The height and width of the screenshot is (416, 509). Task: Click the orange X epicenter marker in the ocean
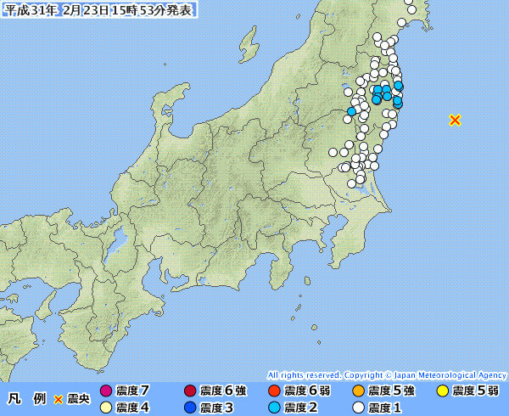[455, 120]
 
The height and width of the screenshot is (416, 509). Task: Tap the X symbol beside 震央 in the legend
[59, 397]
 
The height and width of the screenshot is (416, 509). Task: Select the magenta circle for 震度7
[106, 391]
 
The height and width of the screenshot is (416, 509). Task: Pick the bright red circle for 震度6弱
[274, 391]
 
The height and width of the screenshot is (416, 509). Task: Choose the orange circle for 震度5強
[358, 391]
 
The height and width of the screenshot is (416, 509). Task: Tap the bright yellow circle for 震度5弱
[442, 391]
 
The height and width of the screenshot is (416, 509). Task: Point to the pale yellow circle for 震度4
[106, 408]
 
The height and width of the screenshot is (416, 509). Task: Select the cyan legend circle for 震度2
[274, 408]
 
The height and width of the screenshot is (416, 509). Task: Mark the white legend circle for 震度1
[358, 408]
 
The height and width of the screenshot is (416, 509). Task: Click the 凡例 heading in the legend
[26, 397]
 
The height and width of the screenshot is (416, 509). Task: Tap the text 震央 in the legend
[77, 397]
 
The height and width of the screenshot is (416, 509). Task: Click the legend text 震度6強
[222, 391]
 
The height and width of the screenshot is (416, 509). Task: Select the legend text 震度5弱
[475, 391]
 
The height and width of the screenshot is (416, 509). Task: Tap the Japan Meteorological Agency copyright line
[386, 374]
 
